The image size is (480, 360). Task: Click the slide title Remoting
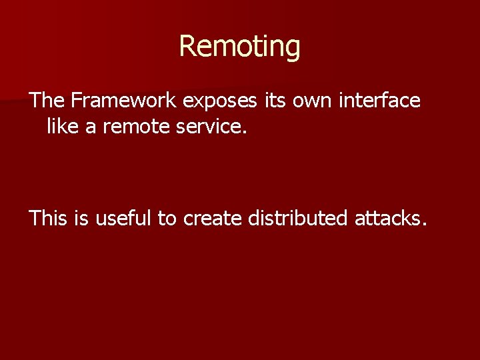point(240,47)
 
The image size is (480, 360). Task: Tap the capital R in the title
point(188,47)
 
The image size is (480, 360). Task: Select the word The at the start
point(47,101)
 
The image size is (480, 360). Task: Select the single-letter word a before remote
point(91,127)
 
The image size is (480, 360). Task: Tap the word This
point(49,217)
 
